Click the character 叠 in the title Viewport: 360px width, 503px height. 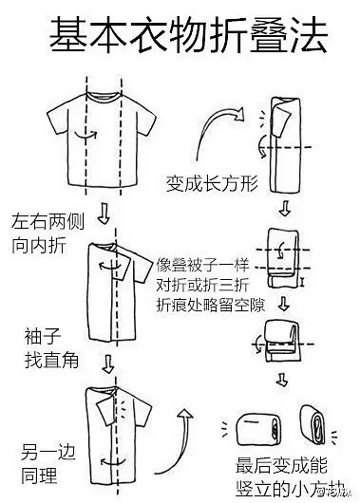pos(268,35)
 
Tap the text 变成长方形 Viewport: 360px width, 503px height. pos(212,184)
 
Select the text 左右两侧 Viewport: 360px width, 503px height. pos(47,221)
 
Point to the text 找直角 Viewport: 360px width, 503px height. pos(51,361)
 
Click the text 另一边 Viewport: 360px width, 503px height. pos(48,452)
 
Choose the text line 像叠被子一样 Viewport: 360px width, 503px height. pos(202,265)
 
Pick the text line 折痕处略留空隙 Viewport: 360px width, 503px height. pos(211,305)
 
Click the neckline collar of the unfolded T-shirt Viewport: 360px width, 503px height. pos(104,97)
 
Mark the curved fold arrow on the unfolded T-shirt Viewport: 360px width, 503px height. pos(85,135)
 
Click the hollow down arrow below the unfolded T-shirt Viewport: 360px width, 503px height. pos(104,213)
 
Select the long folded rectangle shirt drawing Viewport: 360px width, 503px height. pos(285,145)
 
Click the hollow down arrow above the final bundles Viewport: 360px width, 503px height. pos(282,380)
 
